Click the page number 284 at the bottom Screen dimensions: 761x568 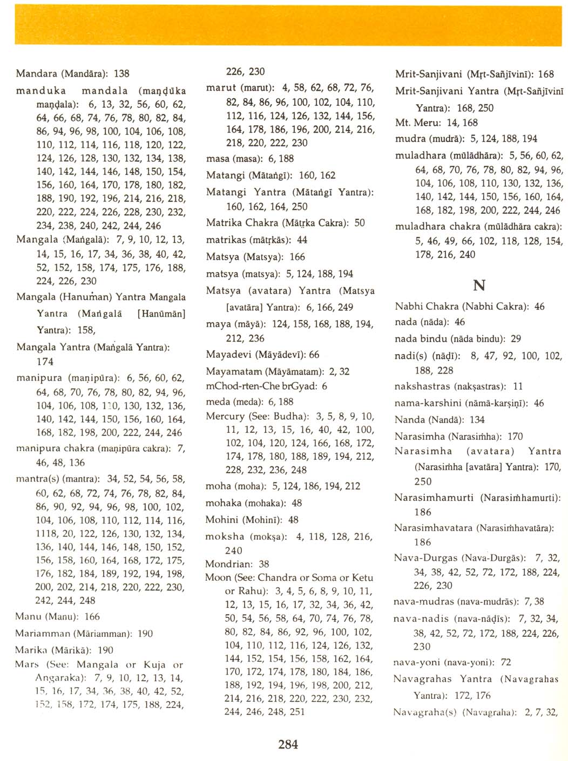tap(288, 744)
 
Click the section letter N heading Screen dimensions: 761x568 tap(478, 286)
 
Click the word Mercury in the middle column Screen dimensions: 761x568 tap(225, 416)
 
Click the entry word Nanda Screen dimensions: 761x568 tap(410, 419)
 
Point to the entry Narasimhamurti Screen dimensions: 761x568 tap(434, 497)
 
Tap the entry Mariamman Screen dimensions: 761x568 tap(42, 633)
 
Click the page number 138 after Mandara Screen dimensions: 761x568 tap(121, 73)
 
